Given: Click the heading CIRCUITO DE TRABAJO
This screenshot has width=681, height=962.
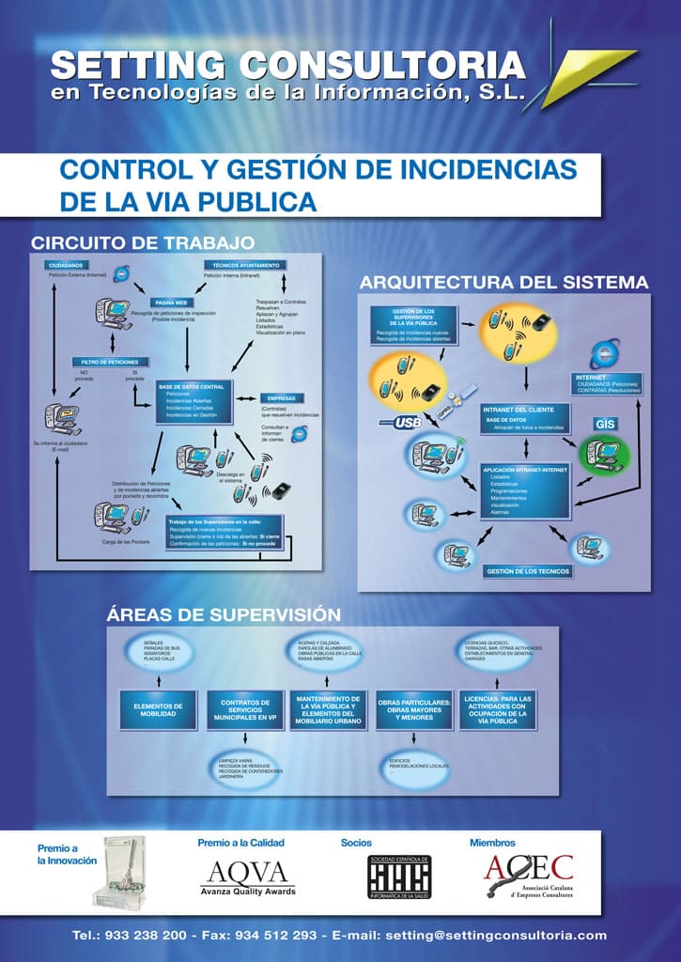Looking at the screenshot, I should tap(142, 242).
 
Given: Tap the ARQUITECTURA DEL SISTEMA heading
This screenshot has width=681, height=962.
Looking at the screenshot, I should tap(504, 282).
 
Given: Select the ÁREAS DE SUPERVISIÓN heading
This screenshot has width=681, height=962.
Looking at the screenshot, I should tap(224, 615).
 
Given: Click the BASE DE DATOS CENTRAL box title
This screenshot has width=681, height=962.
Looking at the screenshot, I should tap(192, 386).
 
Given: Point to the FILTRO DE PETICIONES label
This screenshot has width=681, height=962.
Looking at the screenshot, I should tap(110, 362).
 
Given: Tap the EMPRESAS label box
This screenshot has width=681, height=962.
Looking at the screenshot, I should tap(282, 398).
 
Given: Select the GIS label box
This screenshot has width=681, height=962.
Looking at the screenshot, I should tap(604, 424).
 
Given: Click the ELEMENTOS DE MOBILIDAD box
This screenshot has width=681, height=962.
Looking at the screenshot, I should tap(158, 709).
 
